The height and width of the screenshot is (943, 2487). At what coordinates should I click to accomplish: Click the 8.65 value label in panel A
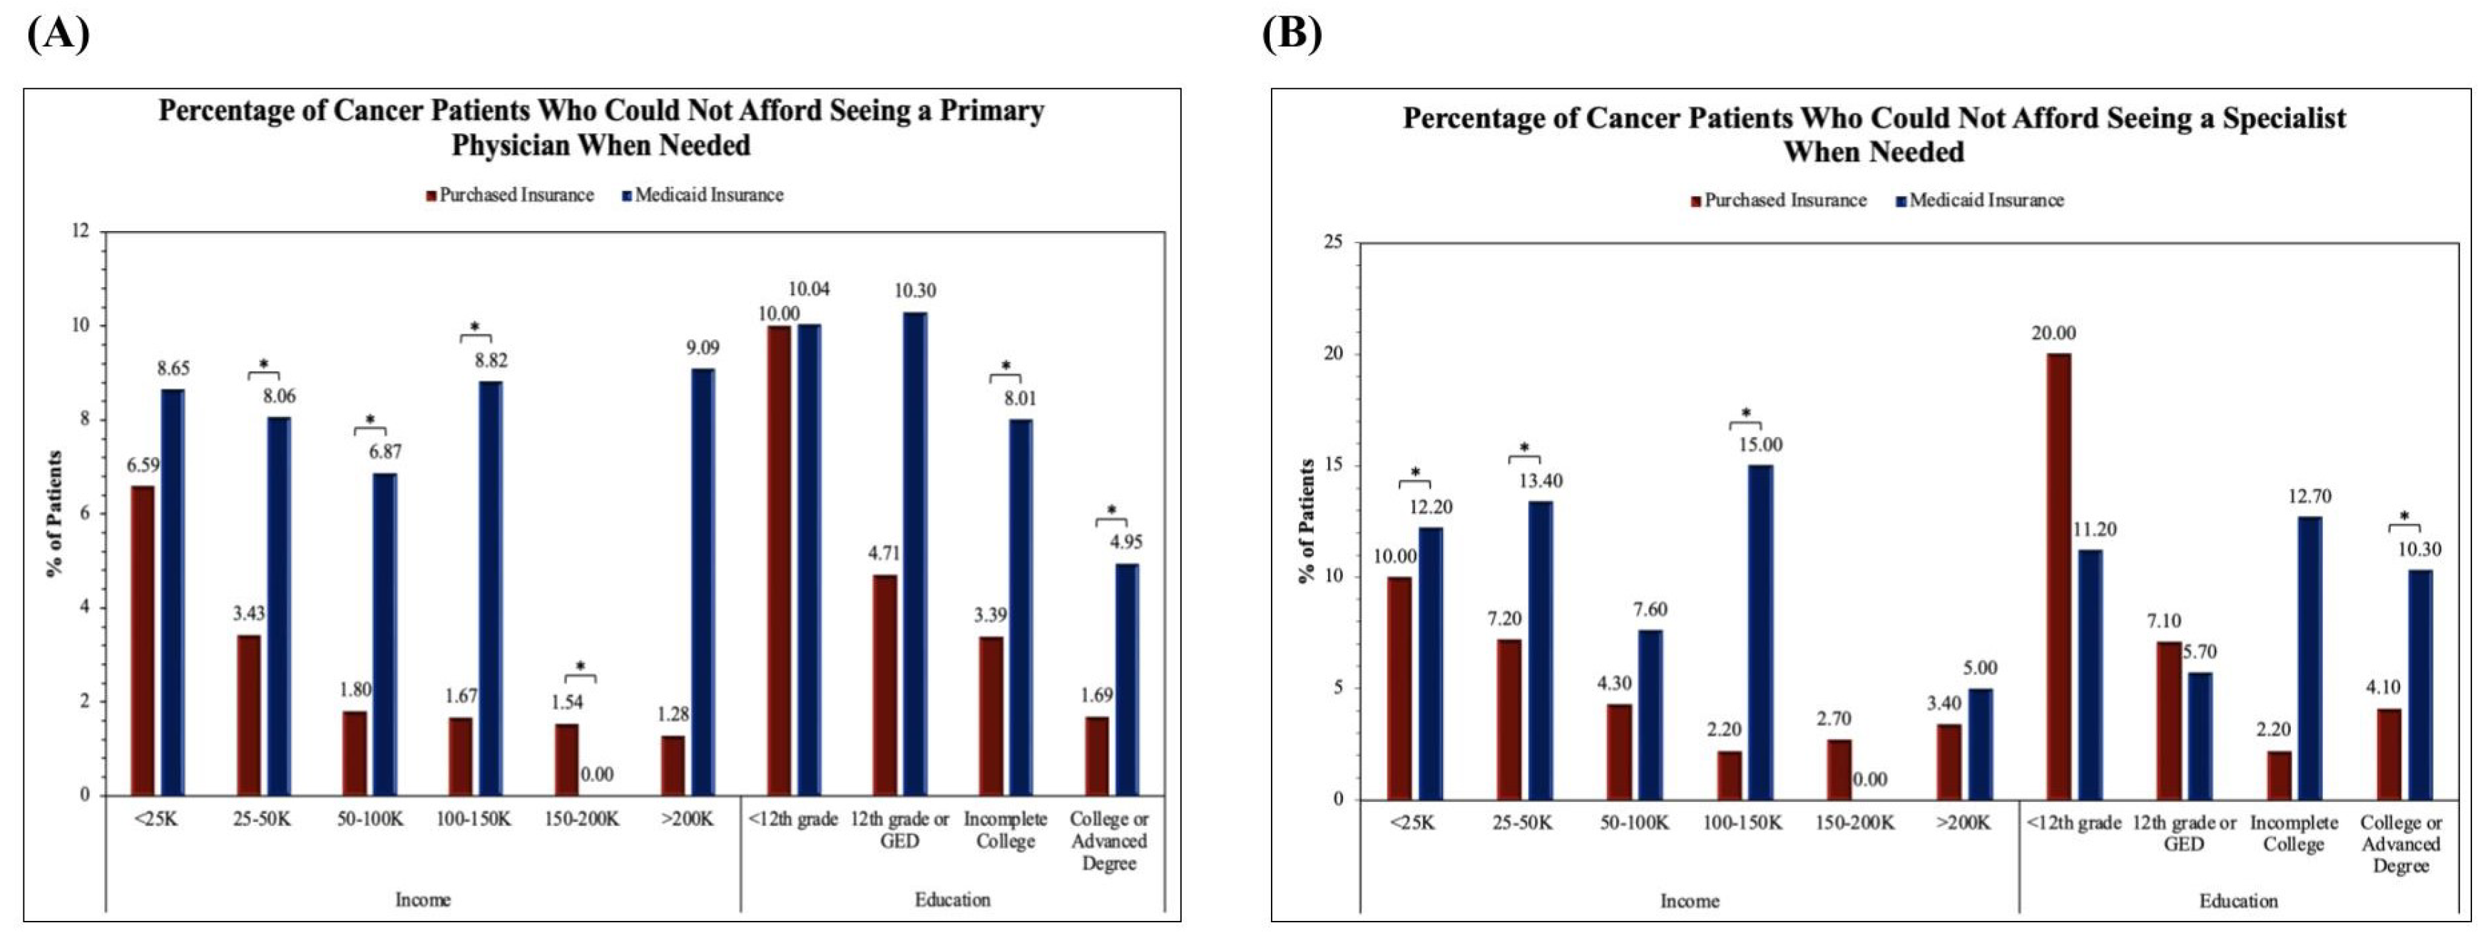click(x=174, y=368)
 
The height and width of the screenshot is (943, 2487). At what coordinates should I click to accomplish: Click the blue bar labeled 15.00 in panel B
click(x=1760, y=632)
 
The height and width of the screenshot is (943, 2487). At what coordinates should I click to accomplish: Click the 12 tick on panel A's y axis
click(x=80, y=232)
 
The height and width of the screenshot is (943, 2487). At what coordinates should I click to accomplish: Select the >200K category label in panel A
click(x=688, y=820)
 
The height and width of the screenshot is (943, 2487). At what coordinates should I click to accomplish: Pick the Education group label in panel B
click(x=2238, y=900)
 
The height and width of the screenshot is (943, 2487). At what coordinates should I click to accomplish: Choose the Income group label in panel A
click(x=423, y=900)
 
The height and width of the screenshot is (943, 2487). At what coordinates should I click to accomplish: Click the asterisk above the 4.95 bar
click(x=1111, y=510)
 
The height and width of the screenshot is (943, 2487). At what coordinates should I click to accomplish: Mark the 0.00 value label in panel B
click(x=1870, y=780)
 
